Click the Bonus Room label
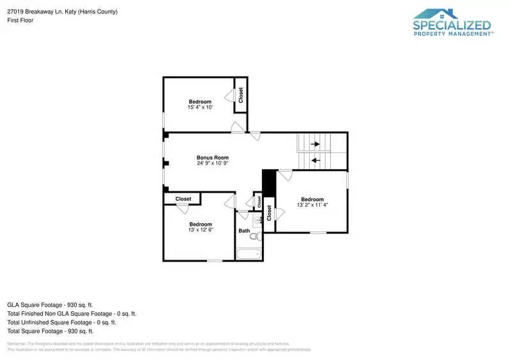[212, 158]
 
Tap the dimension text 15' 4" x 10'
[200, 107]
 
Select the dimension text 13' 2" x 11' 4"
[312, 205]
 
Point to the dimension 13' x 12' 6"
[200, 230]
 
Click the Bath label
[244, 231]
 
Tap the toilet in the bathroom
[254, 237]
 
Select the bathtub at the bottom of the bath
[248, 254]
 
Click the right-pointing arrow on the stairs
[315, 144]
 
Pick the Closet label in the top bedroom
[241, 95]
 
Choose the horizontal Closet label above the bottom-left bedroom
[183, 199]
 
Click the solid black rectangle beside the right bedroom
[268, 184]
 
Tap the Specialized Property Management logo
[452, 24]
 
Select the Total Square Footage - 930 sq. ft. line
[50, 331]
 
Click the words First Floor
[20, 20]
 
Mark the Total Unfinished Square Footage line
[61, 322]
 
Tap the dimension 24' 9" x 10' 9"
[212, 163]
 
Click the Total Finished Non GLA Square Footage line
[72, 314]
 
